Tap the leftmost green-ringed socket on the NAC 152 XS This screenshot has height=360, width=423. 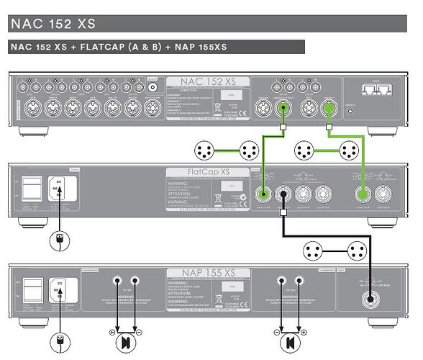pyautogui.click(x=284, y=109)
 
